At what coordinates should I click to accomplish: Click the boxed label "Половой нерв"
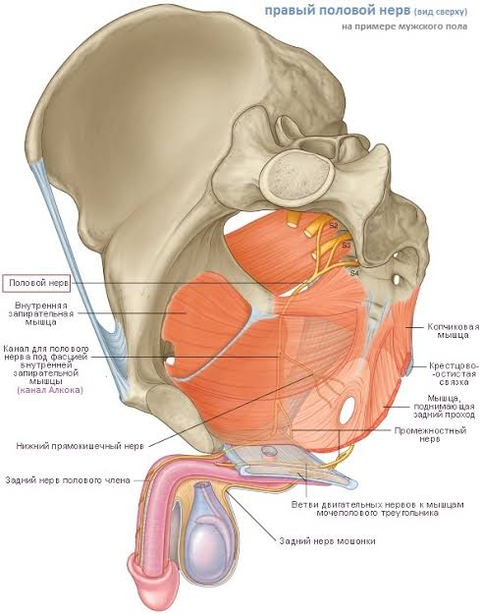[36, 283]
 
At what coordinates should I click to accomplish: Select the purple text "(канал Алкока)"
[50, 390]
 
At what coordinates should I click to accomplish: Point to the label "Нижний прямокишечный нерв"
[80, 446]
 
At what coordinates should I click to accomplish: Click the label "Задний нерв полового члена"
[68, 479]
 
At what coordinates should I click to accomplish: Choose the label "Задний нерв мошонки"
[328, 540]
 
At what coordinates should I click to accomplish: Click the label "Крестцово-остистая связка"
[454, 373]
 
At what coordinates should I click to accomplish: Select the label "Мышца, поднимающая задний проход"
[445, 406]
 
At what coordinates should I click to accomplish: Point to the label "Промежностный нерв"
[430, 434]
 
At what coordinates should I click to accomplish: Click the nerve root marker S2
[334, 225]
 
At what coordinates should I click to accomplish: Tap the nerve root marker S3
[347, 246]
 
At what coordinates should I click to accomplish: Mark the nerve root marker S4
[354, 273]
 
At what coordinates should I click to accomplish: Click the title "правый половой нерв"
[338, 10]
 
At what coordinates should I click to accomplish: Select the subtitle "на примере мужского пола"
[404, 27]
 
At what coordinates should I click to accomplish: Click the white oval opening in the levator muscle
[348, 410]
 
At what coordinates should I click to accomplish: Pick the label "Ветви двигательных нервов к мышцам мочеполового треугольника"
[378, 508]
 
